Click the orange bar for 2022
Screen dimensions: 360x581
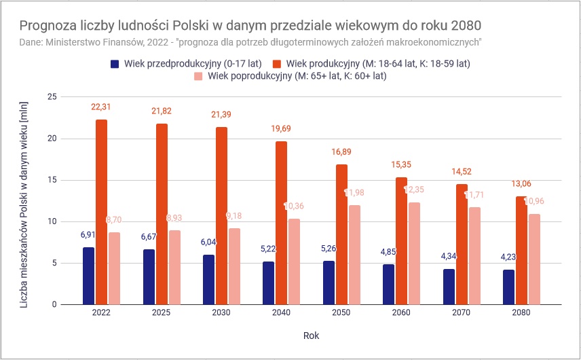(x=101, y=212)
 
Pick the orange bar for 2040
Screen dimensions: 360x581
(x=280, y=223)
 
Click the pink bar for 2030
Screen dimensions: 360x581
(x=234, y=266)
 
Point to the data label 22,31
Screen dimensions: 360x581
(x=101, y=107)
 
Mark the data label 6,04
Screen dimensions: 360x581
(x=208, y=242)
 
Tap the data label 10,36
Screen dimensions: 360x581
(x=294, y=206)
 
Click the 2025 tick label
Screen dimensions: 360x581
(x=161, y=314)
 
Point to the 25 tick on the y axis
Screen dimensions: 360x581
(x=51, y=97)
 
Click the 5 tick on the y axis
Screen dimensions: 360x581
(x=54, y=263)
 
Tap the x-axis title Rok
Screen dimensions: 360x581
(x=311, y=336)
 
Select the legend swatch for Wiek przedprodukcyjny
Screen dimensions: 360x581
(x=115, y=64)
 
